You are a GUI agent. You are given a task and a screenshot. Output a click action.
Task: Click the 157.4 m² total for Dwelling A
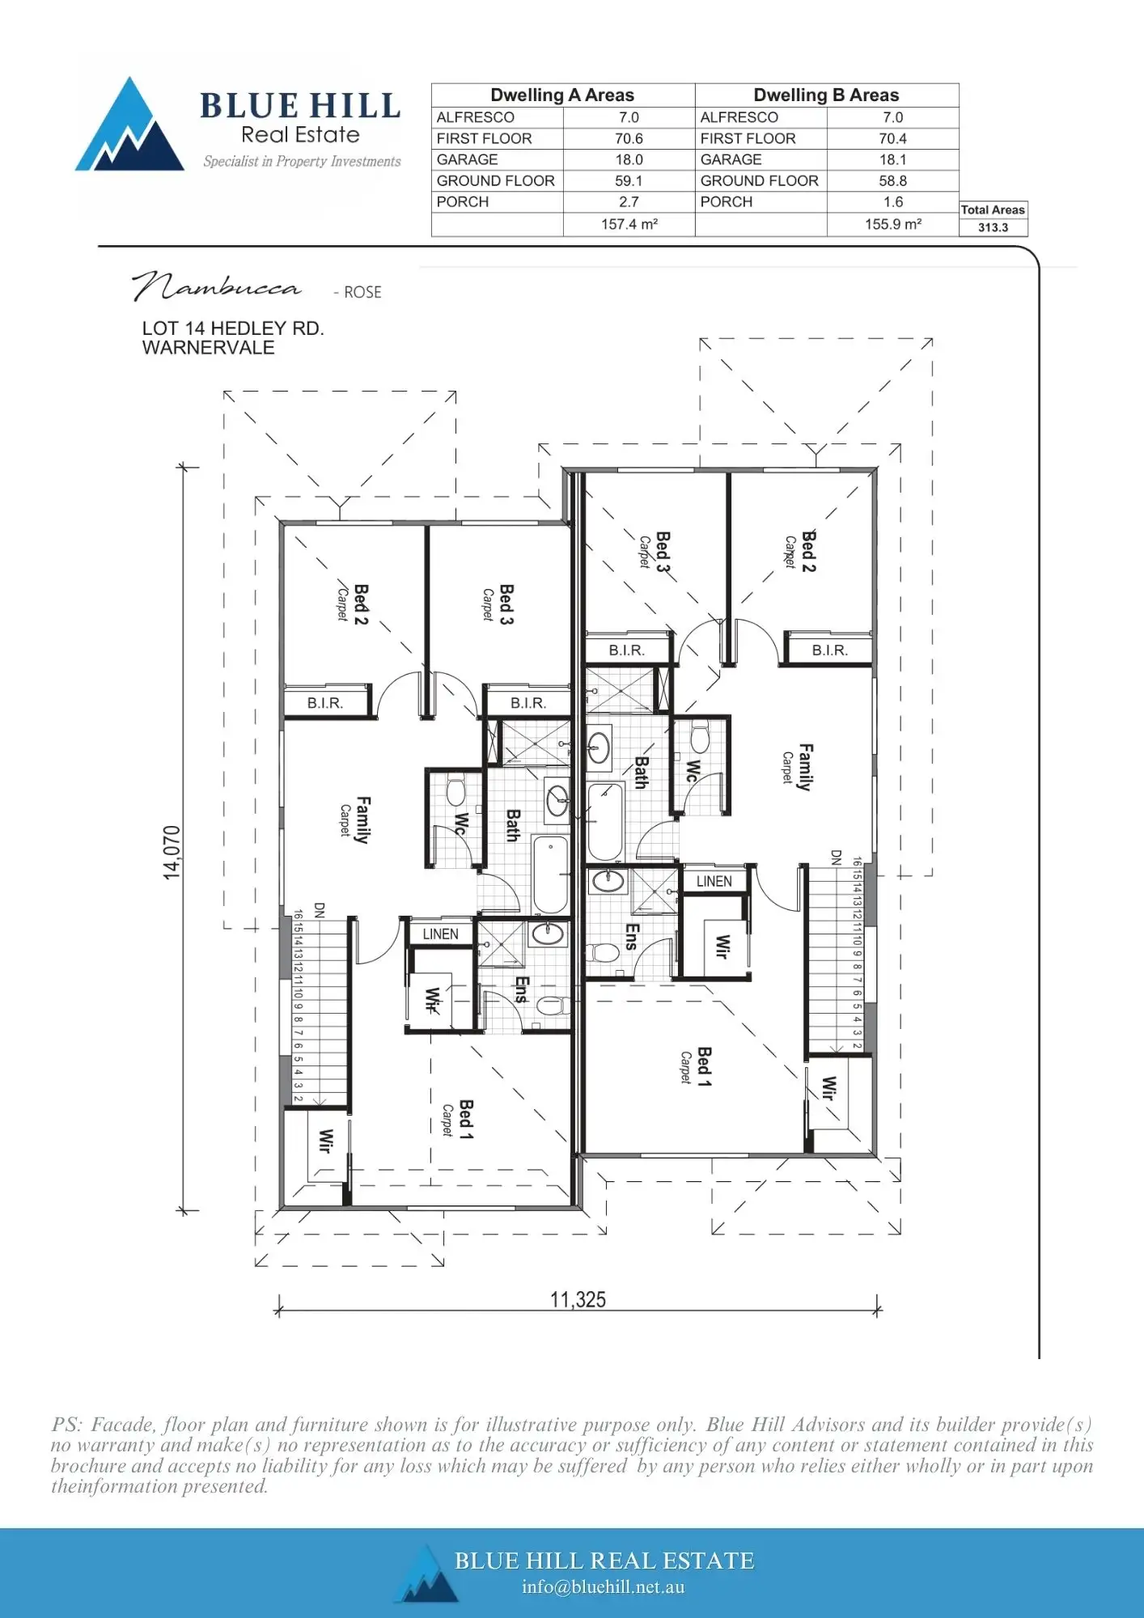pyautogui.click(x=629, y=224)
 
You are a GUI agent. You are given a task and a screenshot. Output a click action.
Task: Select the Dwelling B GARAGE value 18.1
pyautogui.click(x=892, y=159)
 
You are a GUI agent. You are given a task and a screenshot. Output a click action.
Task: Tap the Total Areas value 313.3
pyautogui.click(x=993, y=227)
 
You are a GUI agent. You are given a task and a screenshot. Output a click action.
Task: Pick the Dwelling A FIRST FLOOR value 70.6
pyautogui.click(x=629, y=138)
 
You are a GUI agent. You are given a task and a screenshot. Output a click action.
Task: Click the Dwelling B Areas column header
pyautogui.click(x=826, y=95)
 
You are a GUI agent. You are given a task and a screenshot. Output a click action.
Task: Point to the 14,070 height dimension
pyautogui.click(x=172, y=852)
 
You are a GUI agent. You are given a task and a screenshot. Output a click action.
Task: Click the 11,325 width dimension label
pyautogui.click(x=578, y=1299)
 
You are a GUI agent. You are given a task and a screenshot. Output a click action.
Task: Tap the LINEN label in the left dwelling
pyautogui.click(x=440, y=934)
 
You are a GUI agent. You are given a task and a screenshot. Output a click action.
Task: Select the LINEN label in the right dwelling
pyautogui.click(x=714, y=881)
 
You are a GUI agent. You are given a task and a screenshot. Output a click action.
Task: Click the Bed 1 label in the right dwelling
pyautogui.click(x=704, y=1066)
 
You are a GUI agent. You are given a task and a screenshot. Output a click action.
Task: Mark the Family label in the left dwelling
pyautogui.click(x=362, y=820)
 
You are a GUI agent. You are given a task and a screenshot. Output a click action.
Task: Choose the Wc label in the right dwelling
pyautogui.click(x=693, y=770)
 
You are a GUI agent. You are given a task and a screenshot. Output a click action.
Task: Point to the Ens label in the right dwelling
pyautogui.click(x=632, y=937)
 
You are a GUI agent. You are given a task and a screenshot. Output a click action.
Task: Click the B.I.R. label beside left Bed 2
pyautogui.click(x=325, y=703)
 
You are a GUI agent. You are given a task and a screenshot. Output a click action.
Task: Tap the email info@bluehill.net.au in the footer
pyautogui.click(x=603, y=1586)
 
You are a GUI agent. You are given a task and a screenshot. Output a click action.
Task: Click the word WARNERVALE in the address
pyautogui.click(x=208, y=348)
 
